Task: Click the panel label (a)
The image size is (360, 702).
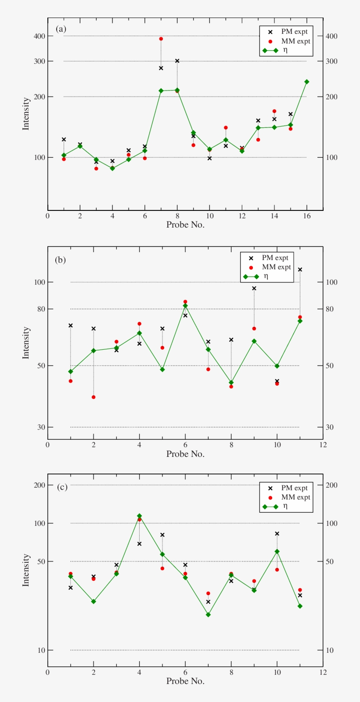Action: coord(61,29)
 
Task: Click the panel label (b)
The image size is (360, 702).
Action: coord(60,260)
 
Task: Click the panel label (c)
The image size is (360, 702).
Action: coord(62,487)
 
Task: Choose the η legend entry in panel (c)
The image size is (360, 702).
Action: coord(285,506)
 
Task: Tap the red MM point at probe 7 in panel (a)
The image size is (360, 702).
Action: coord(161,39)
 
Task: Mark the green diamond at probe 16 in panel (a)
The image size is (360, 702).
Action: coord(306,82)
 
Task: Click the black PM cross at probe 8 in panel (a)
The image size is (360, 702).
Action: coord(177,61)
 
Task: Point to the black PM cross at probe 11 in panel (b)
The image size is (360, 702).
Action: coord(300,269)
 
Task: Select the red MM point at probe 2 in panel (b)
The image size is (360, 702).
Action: coord(94,397)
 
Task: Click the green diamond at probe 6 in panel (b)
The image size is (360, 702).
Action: coord(185,306)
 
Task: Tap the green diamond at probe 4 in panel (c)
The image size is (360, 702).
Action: coord(140,516)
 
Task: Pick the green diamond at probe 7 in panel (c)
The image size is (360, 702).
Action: coord(208,615)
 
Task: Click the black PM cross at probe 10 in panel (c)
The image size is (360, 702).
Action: coord(277,534)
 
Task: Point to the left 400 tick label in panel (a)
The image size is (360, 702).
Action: coord(40,36)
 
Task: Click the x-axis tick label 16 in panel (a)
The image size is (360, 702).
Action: coord(306,216)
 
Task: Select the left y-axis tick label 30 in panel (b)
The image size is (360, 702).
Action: coord(41,427)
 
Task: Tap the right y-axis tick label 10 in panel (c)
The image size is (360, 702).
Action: coord(329,650)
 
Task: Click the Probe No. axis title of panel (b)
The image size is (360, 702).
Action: coord(185,454)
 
